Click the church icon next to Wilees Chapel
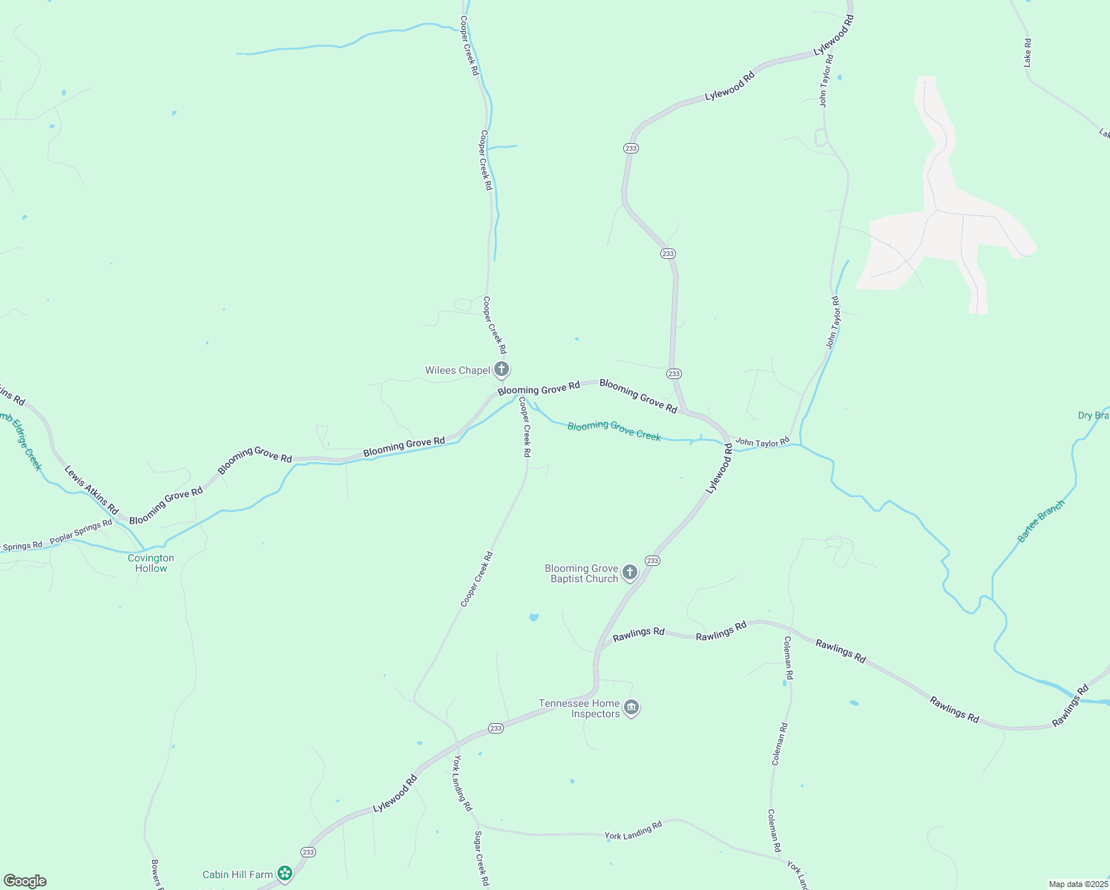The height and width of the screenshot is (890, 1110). click(x=502, y=369)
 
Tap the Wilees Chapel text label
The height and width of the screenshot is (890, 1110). click(x=457, y=371)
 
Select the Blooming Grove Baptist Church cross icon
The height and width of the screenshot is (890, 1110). click(x=630, y=572)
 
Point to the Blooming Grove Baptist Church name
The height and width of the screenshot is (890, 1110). click(x=582, y=574)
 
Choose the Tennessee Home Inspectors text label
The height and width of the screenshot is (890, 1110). click(x=579, y=709)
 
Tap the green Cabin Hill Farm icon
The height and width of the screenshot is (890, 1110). click(x=284, y=874)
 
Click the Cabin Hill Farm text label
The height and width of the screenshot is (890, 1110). click(x=237, y=875)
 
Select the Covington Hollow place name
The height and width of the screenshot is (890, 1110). click(x=151, y=564)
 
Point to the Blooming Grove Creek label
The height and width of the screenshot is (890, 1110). click(x=614, y=431)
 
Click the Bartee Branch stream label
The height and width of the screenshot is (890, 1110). click(x=1040, y=521)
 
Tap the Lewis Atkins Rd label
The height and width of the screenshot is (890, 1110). click(x=91, y=490)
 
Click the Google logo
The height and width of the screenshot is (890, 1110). click(x=25, y=881)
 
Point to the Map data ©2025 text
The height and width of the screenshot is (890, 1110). click(x=1077, y=884)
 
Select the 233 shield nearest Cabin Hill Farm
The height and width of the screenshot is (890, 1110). click(x=308, y=852)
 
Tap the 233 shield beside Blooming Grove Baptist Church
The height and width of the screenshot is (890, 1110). click(x=652, y=561)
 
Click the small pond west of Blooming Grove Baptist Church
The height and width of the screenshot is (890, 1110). click(x=533, y=617)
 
